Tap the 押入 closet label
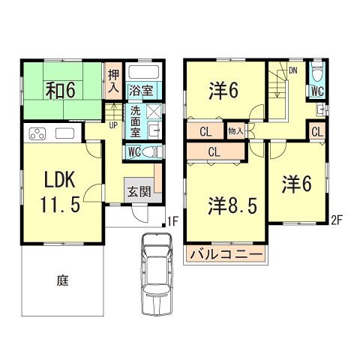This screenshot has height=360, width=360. tap(113, 81)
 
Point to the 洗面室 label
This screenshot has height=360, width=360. tap(136, 120)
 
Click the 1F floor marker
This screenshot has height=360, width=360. tap(171, 220)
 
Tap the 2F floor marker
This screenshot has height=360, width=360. tap(337, 220)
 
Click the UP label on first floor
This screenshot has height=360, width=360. tap(113, 124)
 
